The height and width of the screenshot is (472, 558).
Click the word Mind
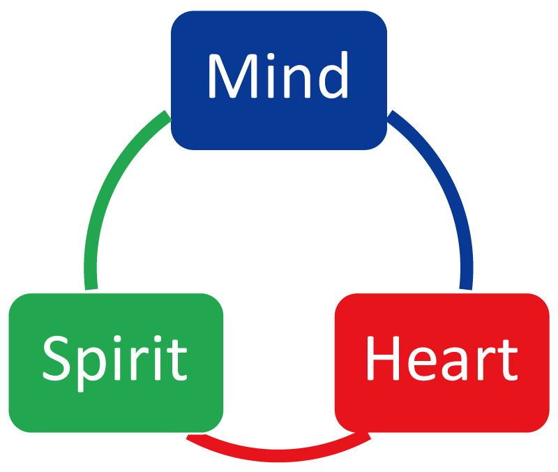coord(278,75)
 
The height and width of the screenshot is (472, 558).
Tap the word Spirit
coord(114,362)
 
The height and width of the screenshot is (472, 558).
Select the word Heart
coord(442,358)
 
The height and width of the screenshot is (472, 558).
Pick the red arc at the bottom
coord(278,456)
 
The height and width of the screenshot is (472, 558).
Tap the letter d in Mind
coord(333,75)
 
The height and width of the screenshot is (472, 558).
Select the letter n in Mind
coord(297,81)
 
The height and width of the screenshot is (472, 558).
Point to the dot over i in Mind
coord(271,57)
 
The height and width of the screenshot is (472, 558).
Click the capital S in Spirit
coord(56,358)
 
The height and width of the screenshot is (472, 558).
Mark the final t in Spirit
coord(177,360)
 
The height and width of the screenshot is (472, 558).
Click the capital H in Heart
coord(384,358)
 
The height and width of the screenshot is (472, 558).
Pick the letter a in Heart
coord(455,363)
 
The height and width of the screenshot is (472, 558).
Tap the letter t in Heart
coord(507,360)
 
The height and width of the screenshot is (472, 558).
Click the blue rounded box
coord(279,80)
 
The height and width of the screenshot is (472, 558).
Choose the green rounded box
coord(116,362)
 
